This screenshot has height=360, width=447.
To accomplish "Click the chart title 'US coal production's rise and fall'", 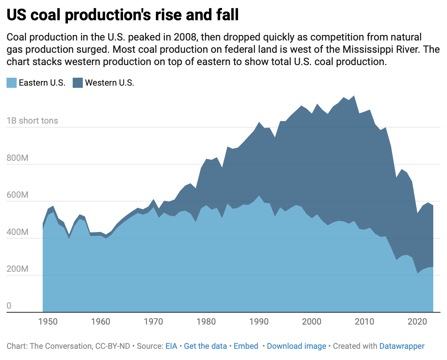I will tap(123, 15).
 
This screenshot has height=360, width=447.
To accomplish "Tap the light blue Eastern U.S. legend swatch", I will tap(12, 83).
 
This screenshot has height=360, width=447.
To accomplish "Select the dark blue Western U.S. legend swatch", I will tap(78, 83).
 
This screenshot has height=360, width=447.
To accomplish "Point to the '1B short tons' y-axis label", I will tap(32, 121).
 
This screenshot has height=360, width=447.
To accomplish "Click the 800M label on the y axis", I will tap(17, 158).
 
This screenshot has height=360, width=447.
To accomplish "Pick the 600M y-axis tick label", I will tap(17, 195).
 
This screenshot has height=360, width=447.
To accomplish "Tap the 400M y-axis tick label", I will tap(17, 232).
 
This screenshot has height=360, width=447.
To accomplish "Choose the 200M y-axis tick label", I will tap(17, 269).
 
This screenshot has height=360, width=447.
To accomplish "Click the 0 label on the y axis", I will tap(9, 306).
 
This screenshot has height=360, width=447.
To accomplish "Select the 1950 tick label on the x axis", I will tap(48, 322).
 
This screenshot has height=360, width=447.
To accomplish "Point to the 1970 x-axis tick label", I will tap(153, 322).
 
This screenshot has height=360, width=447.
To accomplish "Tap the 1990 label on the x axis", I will tap(259, 322).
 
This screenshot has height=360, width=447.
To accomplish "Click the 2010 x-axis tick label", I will tap(365, 322).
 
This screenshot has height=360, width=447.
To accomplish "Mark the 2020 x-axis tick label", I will tap(417, 322).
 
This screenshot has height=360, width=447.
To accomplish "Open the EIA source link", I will tap(171, 346).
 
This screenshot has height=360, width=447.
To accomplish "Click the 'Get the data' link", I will tap(205, 346).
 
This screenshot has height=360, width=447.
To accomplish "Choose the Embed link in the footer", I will tap(246, 346).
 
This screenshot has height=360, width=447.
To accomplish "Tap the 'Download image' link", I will tap(297, 346).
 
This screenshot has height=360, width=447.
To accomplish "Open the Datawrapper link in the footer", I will tap(402, 346).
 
